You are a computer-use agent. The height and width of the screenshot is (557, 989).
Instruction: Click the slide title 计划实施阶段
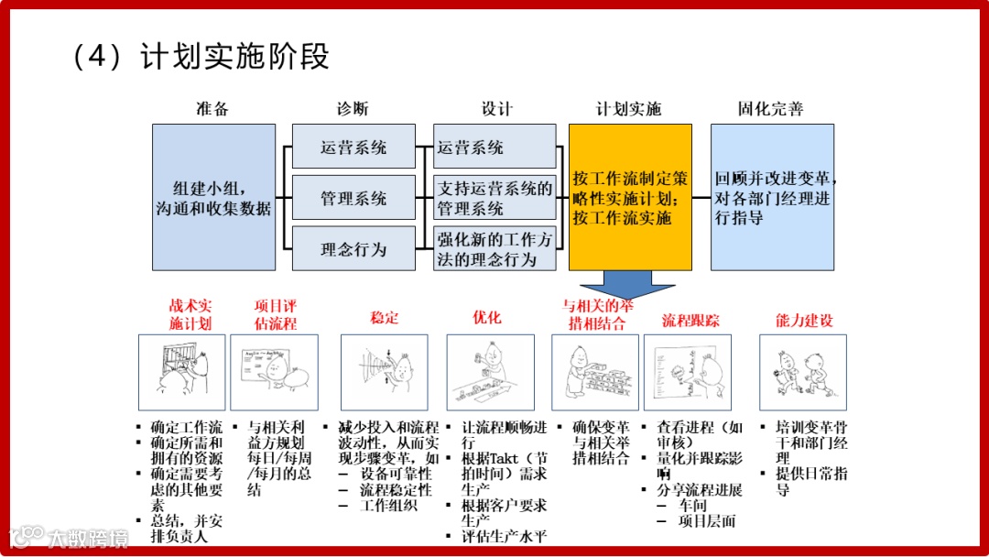click(x=235, y=57)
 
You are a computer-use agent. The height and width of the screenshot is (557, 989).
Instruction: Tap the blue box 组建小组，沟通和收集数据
click(x=213, y=198)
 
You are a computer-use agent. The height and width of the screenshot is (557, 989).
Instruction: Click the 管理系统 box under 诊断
click(x=353, y=198)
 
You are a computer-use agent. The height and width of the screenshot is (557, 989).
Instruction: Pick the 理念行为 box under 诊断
click(x=353, y=249)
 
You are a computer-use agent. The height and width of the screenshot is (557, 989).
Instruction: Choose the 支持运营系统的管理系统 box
click(x=495, y=198)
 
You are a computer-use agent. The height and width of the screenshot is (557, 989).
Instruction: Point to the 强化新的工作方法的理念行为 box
click(x=495, y=249)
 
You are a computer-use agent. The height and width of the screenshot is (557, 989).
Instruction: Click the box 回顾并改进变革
click(x=772, y=198)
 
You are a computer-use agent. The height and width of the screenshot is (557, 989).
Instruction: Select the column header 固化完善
click(x=771, y=109)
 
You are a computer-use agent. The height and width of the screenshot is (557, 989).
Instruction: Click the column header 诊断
click(x=353, y=109)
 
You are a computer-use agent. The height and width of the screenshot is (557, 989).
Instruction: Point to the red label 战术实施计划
click(x=190, y=314)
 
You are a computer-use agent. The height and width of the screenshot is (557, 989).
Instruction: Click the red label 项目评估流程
click(x=276, y=314)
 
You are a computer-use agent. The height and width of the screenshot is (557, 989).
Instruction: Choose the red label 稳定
click(x=385, y=318)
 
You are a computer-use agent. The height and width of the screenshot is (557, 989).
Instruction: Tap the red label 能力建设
click(x=804, y=321)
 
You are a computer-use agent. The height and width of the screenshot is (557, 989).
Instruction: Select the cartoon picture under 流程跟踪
click(x=688, y=372)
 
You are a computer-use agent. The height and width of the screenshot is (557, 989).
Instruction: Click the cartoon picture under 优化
click(x=490, y=372)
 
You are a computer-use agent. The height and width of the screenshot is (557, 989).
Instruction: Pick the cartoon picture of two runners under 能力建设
click(x=803, y=372)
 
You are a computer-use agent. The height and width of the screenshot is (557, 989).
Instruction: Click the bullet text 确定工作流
click(x=186, y=427)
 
